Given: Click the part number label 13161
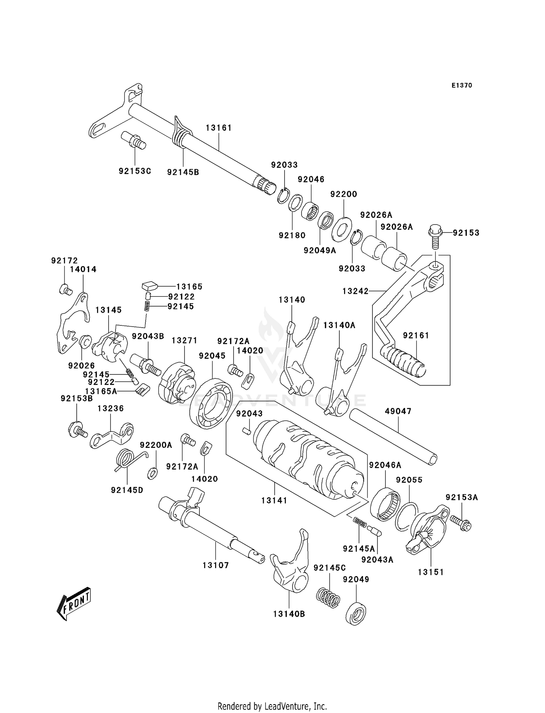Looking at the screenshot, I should (218, 128).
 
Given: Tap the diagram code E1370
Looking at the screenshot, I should (462, 85).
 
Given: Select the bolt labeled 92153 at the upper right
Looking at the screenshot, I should (435, 236).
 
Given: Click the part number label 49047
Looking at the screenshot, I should (398, 411).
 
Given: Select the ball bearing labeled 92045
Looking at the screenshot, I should (211, 403).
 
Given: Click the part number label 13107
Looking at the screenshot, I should (215, 565).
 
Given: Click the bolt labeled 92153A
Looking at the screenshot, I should (460, 522).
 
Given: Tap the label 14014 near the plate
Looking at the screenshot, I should (83, 269).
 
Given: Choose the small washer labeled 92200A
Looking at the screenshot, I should (152, 474).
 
